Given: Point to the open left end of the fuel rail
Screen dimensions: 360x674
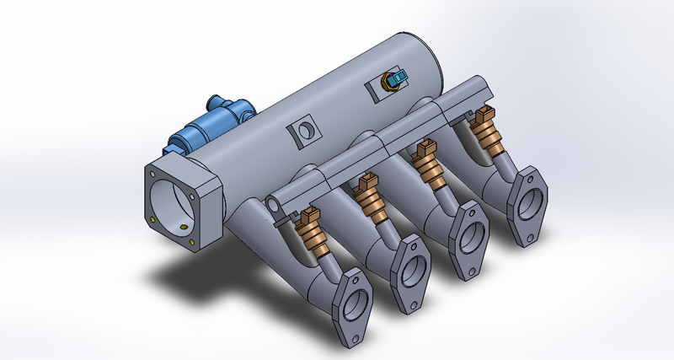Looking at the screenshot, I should pyautogui.click(x=275, y=204).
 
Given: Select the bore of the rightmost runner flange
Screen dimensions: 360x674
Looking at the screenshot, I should pyautogui.click(x=529, y=204).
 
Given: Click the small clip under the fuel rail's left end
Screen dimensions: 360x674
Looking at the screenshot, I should pyautogui.click(x=278, y=223).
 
